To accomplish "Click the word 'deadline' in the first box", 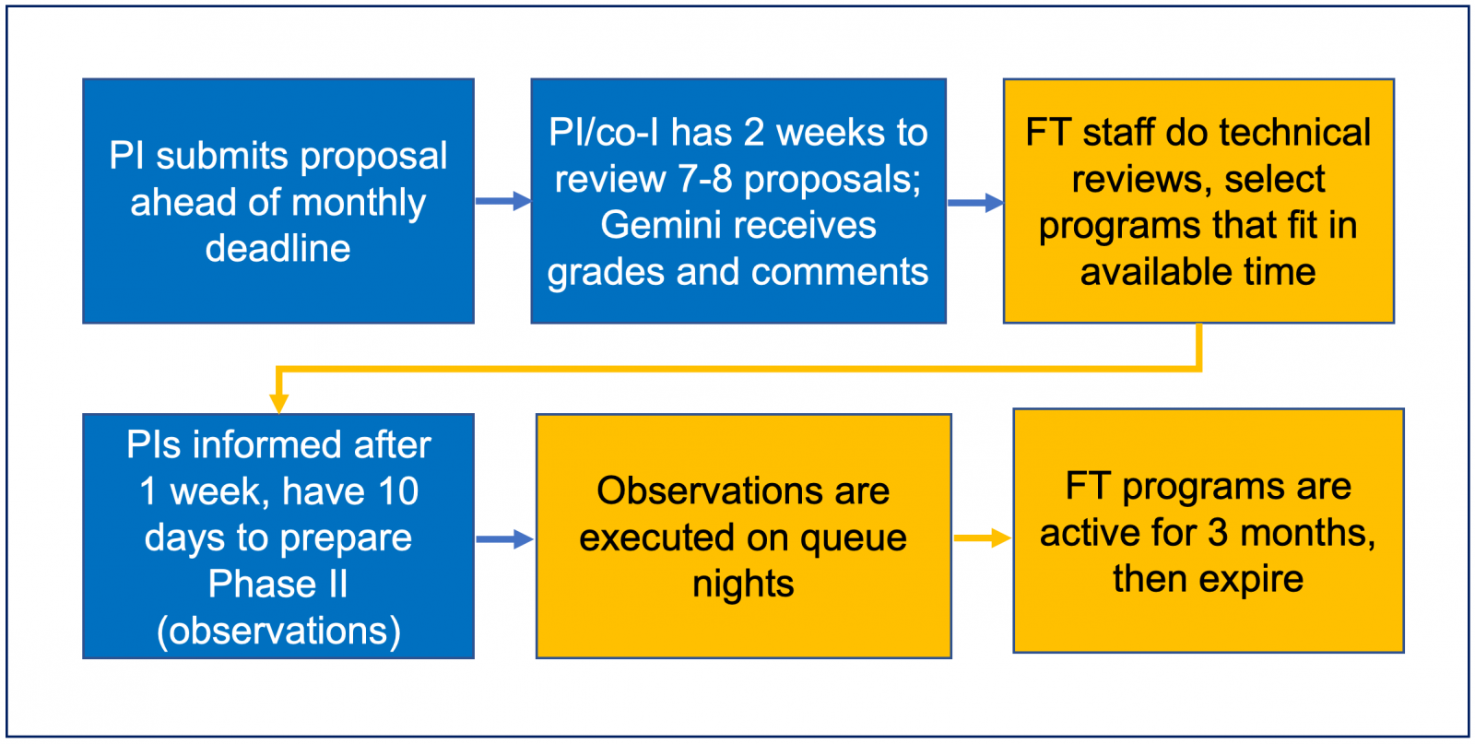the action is [277, 248].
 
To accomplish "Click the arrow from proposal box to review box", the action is [503, 201].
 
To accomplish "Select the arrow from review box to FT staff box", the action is [976, 202].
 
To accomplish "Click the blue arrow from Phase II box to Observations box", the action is [505, 539].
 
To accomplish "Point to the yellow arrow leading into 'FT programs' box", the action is [983, 537].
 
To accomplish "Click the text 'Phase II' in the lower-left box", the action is [277, 584].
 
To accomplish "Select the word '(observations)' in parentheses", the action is [278, 632].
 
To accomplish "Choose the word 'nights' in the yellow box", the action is [743, 585].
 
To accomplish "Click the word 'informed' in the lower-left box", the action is [344, 444].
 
